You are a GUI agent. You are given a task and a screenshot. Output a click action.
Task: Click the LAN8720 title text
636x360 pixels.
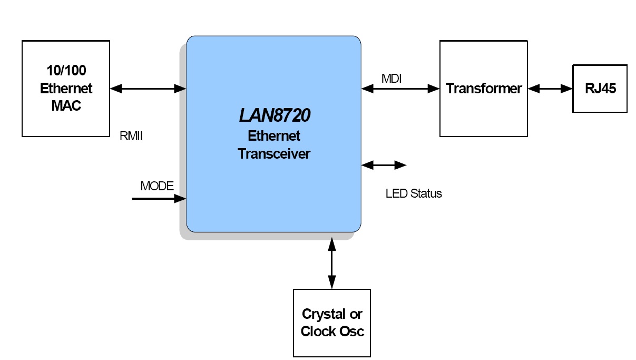[274, 115]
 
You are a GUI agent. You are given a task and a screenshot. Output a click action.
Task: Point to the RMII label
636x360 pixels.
[132, 137]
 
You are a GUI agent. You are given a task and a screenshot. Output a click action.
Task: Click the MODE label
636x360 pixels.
[156, 186]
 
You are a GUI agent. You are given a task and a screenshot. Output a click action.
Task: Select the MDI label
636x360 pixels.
[392, 79]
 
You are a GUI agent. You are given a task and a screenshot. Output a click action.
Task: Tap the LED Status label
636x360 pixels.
[414, 193]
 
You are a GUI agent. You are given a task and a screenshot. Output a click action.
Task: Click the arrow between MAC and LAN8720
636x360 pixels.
[148, 89]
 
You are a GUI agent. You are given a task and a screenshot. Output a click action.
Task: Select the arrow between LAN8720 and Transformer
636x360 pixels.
[400, 89]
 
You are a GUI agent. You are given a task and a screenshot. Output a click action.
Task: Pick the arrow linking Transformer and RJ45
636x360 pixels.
[550, 89]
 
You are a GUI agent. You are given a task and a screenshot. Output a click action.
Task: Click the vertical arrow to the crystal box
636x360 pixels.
[331, 262]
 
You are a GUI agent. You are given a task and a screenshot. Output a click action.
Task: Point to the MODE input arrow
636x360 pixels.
[158, 199]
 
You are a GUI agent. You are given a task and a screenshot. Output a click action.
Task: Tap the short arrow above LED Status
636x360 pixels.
[384, 166]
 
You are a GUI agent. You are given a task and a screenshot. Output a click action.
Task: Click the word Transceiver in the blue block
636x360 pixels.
[274, 154]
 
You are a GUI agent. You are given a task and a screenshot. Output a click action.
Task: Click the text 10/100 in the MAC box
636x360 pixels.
[66, 71]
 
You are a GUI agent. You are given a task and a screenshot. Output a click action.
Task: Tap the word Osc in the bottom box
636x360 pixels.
[351, 332]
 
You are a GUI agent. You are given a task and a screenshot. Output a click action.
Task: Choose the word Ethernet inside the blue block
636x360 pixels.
[274, 136]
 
